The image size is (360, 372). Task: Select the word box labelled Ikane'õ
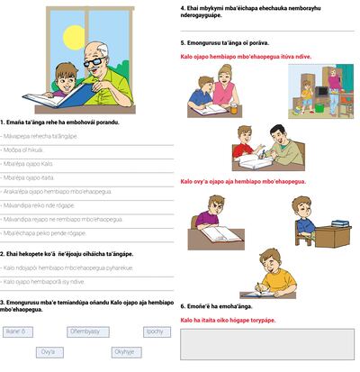[x=14, y=331]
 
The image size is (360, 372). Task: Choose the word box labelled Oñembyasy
[x=85, y=331]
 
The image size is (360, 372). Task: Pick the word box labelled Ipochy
[x=155, y=331]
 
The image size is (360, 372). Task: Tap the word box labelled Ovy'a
[x=49, y=352]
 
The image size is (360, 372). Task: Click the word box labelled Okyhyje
[x=124, y=352]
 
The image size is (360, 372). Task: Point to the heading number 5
[x=183, y=42]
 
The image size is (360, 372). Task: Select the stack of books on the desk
[x=339, y=222]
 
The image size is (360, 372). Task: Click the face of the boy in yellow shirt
[x=265, y=265]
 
